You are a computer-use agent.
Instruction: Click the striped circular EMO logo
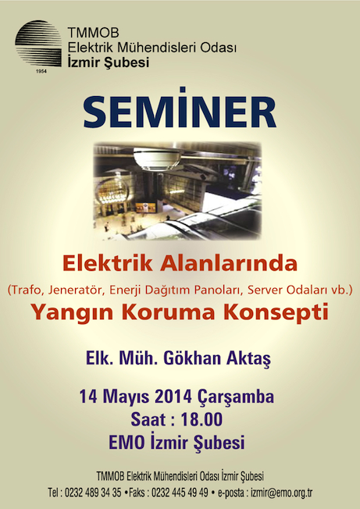pyautogui.click(x=38, y=43)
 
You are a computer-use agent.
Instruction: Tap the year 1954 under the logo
pyautogui.click(x=41, y=71)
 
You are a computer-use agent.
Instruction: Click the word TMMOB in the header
pyautogui.click(x=93, y=33)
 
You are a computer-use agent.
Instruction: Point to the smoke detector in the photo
pyautogui.click(x=158, y=158)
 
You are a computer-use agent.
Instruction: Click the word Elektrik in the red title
pyautogui.click(x=108, y=263)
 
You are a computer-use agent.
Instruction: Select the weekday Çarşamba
pyautogui.click(x=235, y=397)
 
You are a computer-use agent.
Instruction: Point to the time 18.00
pyautogui.click(x=202, y=419)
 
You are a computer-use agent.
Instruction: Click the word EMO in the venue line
pyautogui.click(x=127, y=443)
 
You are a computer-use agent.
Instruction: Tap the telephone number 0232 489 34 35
pyautogui.click(x=93, y=493)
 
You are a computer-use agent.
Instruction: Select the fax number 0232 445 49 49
pyautogui.click(x=180, y=493)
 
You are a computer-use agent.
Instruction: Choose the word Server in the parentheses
pyautogui.click(x=263, y=290)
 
